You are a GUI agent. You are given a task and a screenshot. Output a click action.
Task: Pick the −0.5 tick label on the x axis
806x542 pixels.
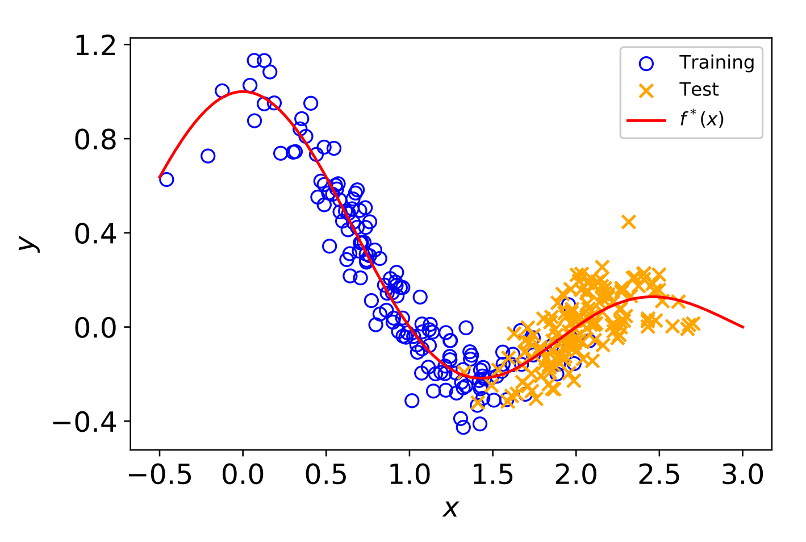tap(160, 475)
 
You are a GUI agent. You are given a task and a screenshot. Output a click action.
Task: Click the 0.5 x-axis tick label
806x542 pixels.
tap(326, 475)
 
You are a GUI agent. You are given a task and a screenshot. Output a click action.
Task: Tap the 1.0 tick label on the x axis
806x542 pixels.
tap(410, 475)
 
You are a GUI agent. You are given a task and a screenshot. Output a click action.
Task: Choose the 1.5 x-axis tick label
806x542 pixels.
tap(492, 475)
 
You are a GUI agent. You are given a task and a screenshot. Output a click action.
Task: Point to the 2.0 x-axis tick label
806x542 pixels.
tap(576, 475)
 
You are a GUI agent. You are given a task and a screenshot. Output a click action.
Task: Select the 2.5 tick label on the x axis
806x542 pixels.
tap(659, 475)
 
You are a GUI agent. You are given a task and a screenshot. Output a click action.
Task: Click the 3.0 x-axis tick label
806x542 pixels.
tap(743, 475)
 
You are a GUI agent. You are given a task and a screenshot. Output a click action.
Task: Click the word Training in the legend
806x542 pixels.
tap(717, 62)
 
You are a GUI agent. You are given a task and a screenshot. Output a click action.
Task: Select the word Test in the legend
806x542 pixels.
tap(699, 90)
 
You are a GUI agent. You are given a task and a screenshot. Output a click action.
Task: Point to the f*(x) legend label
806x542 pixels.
tap(702, 119)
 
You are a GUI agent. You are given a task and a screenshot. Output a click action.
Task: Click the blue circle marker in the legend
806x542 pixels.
tap(646, 63)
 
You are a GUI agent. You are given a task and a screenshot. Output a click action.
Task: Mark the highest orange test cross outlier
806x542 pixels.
tap(628, 222)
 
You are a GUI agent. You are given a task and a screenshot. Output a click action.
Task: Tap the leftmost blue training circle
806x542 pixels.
tap(166, 180)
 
